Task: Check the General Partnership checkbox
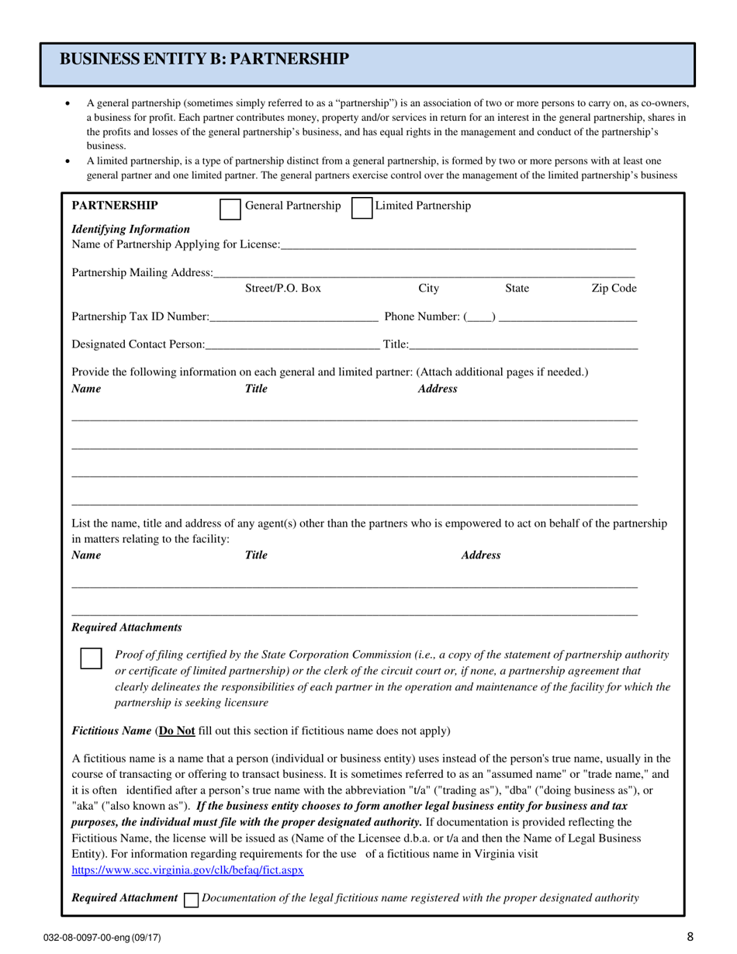point(230,209)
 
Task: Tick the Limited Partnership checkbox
point(362,209)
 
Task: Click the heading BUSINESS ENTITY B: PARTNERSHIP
point(204,60)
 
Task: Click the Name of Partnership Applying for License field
point(458,245)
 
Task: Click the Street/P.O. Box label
point(282,289)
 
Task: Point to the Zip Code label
point(614,289)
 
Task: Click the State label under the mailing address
point(517,289)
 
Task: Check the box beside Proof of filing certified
point(92,658)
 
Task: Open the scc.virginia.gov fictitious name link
point(188,870)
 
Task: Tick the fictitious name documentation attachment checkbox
point(190,900)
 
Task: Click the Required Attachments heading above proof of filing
point(126,627)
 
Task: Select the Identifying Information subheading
point(130,230)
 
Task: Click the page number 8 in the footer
point(690,937)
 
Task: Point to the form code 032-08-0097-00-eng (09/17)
point(102,938)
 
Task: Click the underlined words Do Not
point(176,731)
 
